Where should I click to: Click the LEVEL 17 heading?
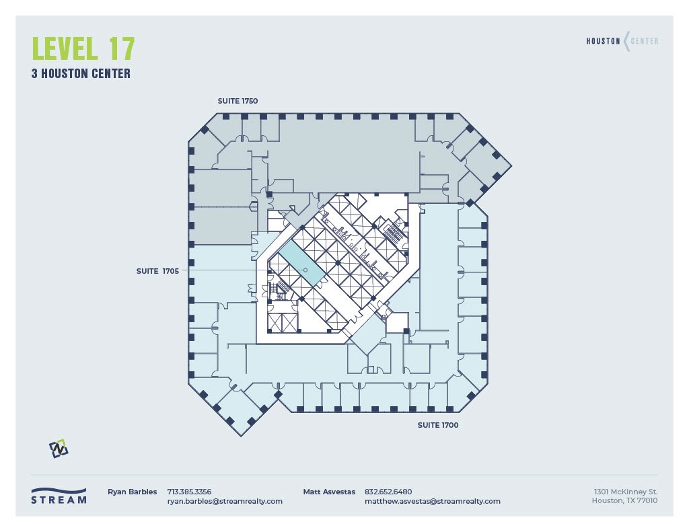tap(83, 49)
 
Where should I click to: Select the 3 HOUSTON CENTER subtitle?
tap(81, 74)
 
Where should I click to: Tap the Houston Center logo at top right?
tap(622, 41)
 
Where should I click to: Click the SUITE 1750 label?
tap(238, 101)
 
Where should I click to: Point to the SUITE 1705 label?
tap(157, 271)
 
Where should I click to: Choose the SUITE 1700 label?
tap(437, 425)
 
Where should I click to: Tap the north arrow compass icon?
tap(59, 449)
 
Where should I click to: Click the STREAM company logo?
tap(59, 496)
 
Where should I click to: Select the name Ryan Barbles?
tap(132, 492)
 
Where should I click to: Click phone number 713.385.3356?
tap(189, 492)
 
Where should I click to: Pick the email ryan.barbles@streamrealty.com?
tap(225, 501)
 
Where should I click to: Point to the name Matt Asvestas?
tap(329, 492)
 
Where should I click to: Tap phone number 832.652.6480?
tap(388, 492)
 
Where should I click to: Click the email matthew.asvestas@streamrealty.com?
tap(432, 501)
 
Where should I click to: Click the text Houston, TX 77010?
tap(624, 501)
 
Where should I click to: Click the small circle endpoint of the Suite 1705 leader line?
tap(305, 270)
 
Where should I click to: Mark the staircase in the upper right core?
tap(392, 233)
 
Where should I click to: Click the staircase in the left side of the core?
tap(281, 289)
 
